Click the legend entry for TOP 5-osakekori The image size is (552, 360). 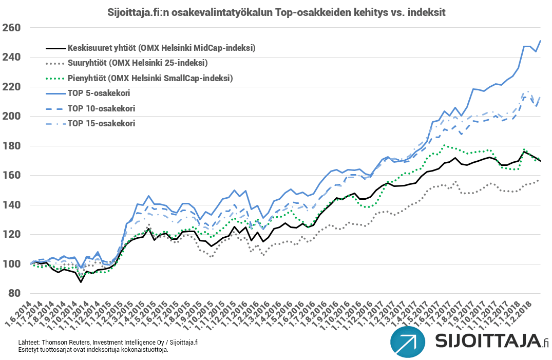click(x=98, y=93)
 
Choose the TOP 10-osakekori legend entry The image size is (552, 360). click(x=100, y=108)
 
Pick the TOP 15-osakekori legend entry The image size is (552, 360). click(x=100, y=123)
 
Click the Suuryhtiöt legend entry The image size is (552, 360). click(x=137, y=63)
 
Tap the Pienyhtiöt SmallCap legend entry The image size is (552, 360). click(x=149, y=78)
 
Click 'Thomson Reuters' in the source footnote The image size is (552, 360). click(x=61, y=343)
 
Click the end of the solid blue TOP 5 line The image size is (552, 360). click(x=541, y=41)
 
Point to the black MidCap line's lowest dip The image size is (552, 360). click(x=81, y=282)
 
